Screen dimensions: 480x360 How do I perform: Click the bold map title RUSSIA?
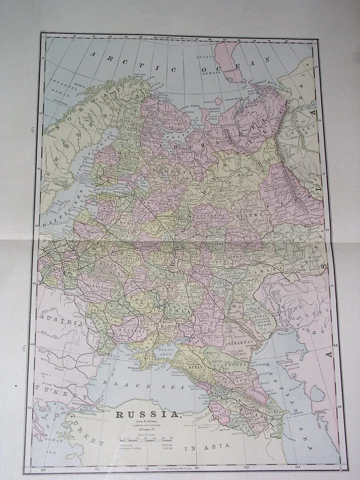pyautogui.click(x=148, y=414)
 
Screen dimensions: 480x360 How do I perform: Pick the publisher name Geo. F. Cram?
pyautogui.click(x=148, y=423)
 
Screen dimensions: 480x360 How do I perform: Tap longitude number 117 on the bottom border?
pyautogui.click(x=196, y=468)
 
